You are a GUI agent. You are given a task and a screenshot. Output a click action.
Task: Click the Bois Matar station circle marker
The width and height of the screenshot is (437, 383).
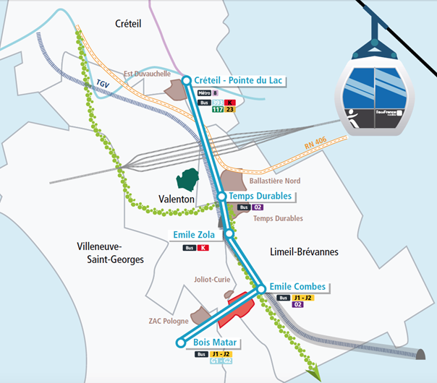tap(181, 344)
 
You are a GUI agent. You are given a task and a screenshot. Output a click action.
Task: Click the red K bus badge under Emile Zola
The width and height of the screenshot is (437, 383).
tap(203, 248)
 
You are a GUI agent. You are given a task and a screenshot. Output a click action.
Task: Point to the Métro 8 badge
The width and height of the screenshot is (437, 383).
tap(208, 93)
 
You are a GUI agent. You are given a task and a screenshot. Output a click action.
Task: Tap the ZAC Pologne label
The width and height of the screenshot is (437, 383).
tap(169, 321)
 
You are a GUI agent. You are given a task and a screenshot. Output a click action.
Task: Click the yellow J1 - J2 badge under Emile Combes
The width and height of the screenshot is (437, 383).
tap(303, 298)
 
